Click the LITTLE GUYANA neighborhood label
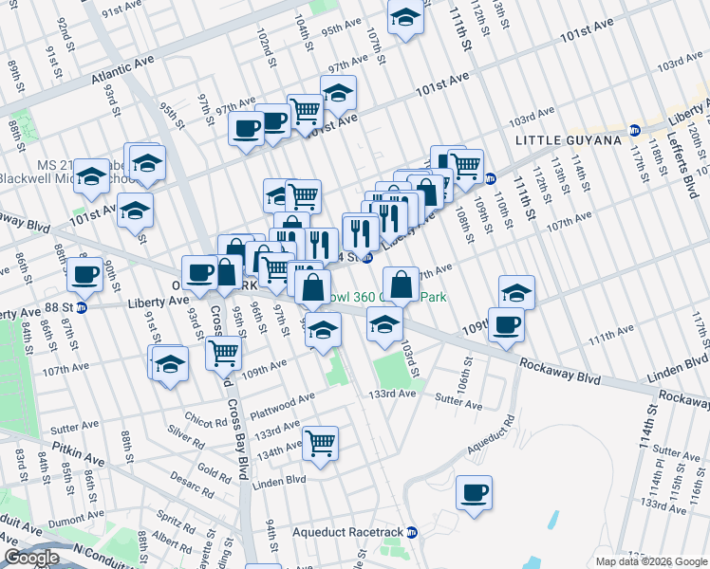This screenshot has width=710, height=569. (568, 140)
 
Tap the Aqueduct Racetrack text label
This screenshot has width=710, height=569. (346, 532)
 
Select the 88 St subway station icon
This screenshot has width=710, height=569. (82, 306)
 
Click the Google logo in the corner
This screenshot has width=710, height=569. (31, 558)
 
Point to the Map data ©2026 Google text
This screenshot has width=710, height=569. (651, 560)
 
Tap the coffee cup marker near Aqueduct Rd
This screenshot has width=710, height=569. (474, 493)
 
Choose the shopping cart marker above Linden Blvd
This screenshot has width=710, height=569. (321, 443)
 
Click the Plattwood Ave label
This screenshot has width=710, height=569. (282, 406)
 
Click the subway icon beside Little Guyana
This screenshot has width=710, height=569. (635, 129)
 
